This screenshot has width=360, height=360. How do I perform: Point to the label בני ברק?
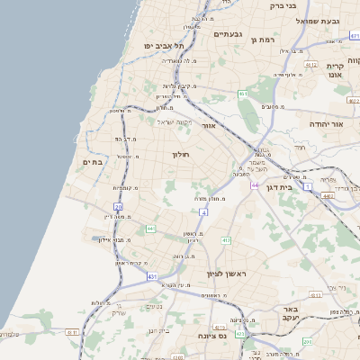click(x=282, y=6)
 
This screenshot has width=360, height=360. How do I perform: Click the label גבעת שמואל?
click(x=319, y=20)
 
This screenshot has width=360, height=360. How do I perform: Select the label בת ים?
click(x=94, y=162)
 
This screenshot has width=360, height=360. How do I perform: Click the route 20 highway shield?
click(x=118, y=208)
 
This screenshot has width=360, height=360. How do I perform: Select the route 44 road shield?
click(x=255, y=185)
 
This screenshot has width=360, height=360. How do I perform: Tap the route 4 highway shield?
click(x=204, y=211)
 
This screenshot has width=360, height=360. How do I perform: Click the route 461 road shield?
click(x=243, y=94)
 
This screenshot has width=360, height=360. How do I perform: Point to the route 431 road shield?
click(x=152, y=275)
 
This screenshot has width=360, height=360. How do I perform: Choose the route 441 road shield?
click(x=151, y=229)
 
